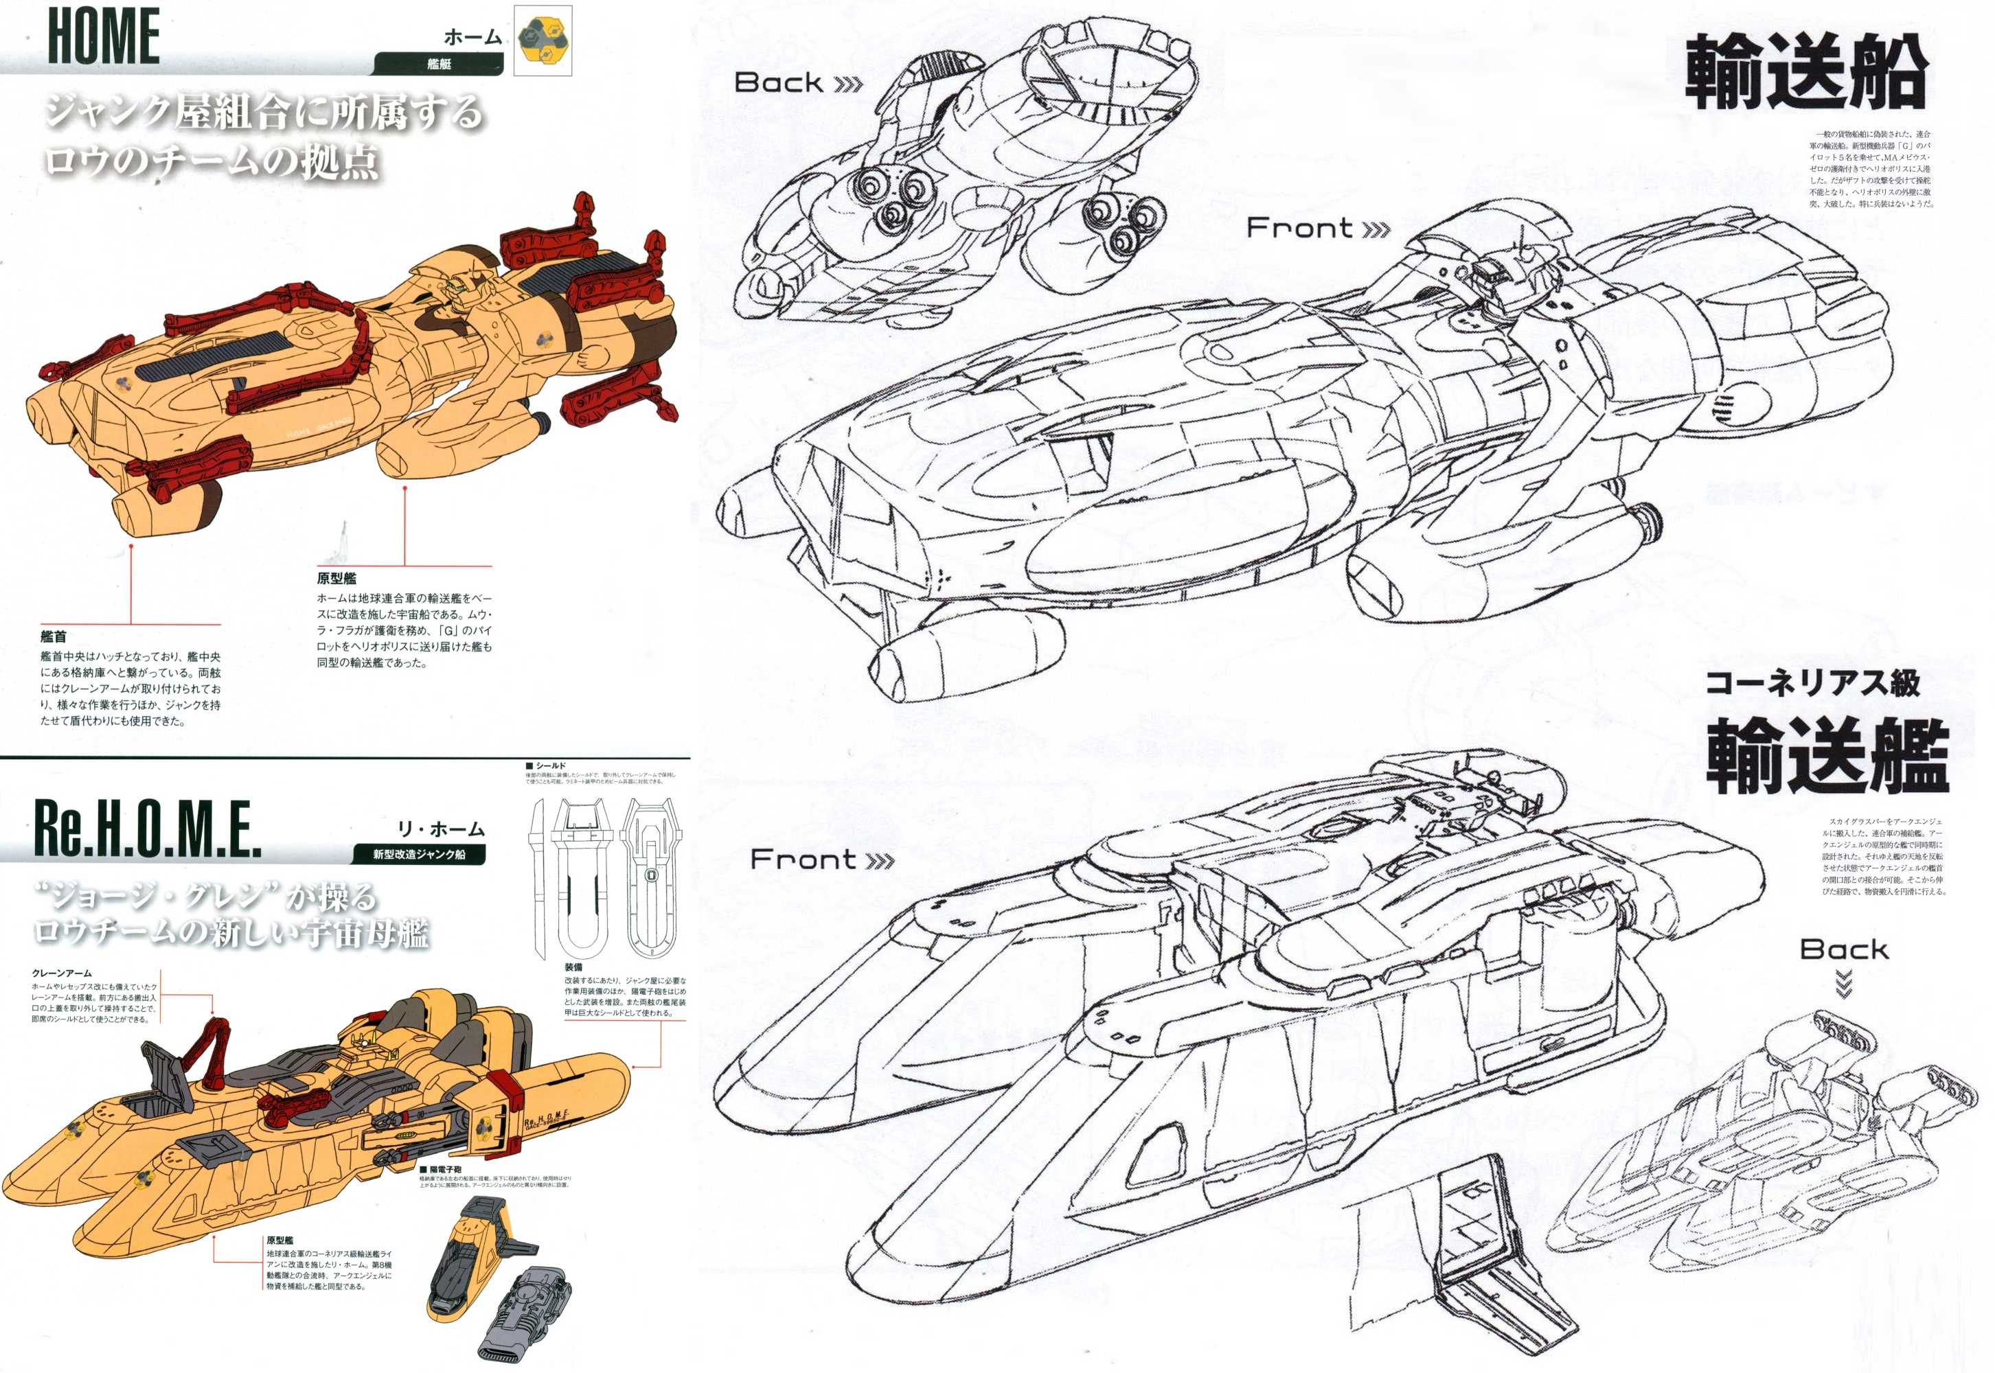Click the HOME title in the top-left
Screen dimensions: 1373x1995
pos(103,36)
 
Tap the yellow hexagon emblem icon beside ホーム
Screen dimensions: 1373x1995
pos(543,41)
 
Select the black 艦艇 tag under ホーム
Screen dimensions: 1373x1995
pos(438,65)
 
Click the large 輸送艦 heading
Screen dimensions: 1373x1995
pos(1826,757)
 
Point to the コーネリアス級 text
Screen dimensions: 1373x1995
pos(1812,683)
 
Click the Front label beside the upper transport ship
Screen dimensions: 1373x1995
pos(1316,229)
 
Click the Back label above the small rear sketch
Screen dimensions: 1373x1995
pos(1843,949)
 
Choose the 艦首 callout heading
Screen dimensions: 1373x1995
pos(54,636)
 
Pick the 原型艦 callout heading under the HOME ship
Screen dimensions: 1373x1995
pos(337,578)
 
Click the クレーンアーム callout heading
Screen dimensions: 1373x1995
pos(62,973)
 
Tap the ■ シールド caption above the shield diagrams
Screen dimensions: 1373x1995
pos(546,765)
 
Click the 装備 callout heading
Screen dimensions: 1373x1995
pos(573,967)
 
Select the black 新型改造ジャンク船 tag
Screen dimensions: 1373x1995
pos(418,854)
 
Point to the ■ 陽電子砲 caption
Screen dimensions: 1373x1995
pos(441,1169)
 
